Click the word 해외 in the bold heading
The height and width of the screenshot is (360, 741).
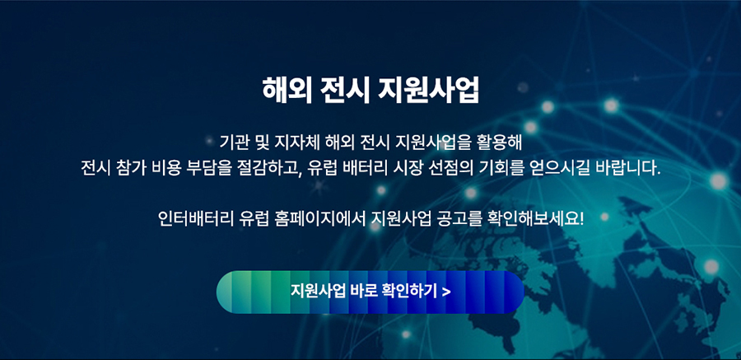click(x=287, y=90)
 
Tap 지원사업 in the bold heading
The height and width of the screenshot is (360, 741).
click(x=428, y=90)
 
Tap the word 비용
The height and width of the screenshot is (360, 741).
click(x=165, y=168)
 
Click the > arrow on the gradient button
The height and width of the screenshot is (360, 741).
click(x=446, y=292)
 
